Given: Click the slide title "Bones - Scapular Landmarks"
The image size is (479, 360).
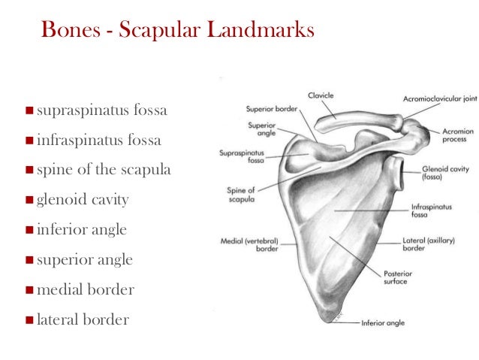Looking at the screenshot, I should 176,32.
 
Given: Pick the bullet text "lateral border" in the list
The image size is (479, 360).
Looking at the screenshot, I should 83,319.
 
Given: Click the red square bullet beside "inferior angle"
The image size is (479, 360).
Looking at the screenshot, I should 29,230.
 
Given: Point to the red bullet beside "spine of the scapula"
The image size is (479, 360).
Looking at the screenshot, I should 29,170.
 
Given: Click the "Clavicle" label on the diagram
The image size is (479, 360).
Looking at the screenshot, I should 321,95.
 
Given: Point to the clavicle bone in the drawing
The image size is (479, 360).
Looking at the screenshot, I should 353,120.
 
